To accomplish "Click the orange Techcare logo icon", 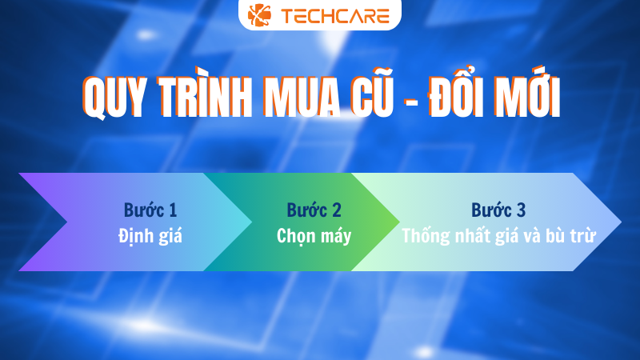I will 260,15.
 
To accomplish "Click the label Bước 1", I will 150,210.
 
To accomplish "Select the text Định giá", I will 150,236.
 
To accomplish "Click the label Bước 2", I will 314,210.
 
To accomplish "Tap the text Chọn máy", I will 314,236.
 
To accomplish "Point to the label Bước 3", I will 498,210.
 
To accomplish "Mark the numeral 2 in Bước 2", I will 336,210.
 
